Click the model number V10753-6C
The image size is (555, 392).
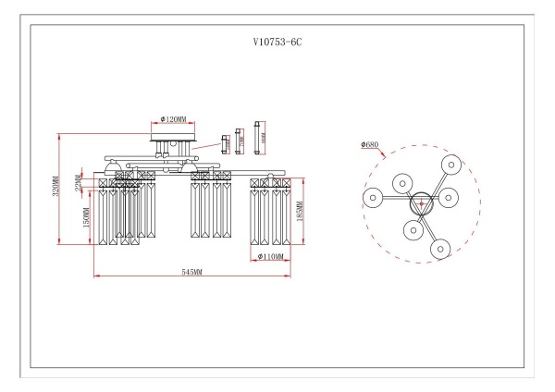tap(277, 43)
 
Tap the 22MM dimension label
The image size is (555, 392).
tap(80, 185)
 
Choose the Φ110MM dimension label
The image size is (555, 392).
tap(272, 256)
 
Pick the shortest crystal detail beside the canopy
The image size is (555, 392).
tap(224, 142)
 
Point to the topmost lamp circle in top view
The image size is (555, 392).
tap(450, 163)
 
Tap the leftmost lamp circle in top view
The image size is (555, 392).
tap(373, 197)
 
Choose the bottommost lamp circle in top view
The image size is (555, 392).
tap(439, 248)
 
